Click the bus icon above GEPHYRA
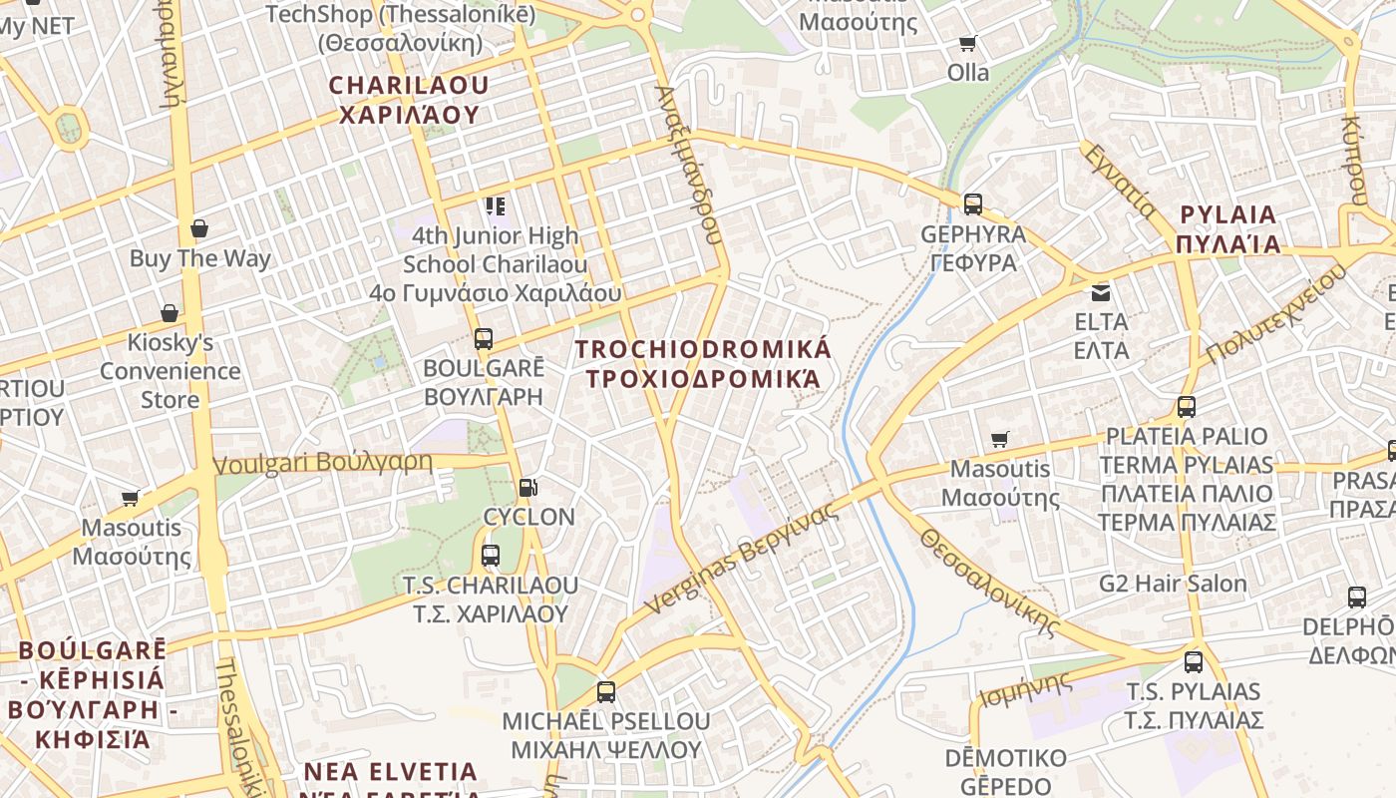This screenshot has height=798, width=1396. coord(972,204)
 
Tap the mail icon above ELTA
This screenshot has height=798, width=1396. coord(1101,292)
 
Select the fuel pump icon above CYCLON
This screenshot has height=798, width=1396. coord(527,488)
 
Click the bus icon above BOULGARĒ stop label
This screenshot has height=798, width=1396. coord(484,339)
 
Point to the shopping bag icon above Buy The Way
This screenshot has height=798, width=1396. coord(199,228)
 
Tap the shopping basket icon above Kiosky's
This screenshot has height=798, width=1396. coord(170,313)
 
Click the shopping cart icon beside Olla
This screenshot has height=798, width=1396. coord(967,43)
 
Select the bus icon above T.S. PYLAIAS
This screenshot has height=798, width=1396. coord(1194,661)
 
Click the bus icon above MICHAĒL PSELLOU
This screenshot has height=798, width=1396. coord(605,691)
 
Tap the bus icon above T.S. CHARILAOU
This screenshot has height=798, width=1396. coord(490,556)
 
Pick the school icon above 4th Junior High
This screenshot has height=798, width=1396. coord(496,206)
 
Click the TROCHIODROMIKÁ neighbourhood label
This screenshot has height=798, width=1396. coord(703,364)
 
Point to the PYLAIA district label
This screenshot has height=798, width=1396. coord(1227,229)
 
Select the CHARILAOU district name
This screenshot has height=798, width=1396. coord(409,100)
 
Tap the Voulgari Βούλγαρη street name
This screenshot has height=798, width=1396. coord(323,464)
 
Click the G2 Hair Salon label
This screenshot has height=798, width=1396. coord(1173,584)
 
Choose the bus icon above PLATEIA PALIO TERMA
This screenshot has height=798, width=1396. coord(1186,407)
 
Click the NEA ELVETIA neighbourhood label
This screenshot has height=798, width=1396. coord(391,772)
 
